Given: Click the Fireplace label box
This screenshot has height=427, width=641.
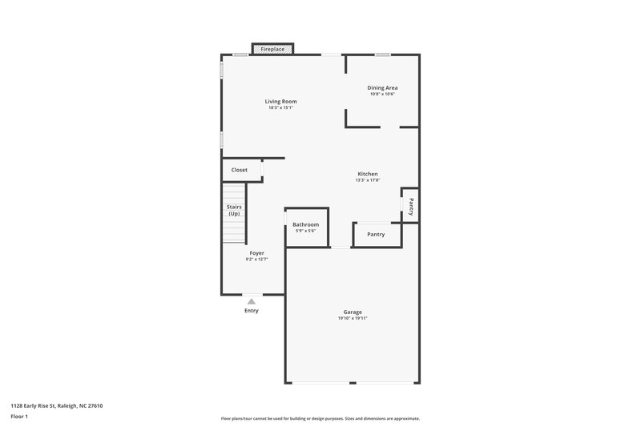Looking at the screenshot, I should click(272, 50).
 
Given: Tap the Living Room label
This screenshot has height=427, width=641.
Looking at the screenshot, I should click(281, 101).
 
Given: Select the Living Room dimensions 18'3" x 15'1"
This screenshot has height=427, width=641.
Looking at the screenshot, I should click(281, 108).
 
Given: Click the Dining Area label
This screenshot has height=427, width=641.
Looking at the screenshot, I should click(382, 87).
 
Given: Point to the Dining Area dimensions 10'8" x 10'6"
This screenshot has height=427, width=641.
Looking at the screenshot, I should click(382, 95).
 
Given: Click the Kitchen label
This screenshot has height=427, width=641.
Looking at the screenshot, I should click(368, 174).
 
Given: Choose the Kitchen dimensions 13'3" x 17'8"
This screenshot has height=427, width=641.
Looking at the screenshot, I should click(368, 180).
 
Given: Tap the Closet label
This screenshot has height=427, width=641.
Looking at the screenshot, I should click(240, 170).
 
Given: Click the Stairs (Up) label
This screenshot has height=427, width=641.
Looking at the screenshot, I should click(234, 211).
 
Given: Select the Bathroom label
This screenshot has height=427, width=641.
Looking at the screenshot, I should click(305, 224).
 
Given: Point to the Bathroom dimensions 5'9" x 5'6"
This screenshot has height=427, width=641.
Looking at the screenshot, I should click(305, 232).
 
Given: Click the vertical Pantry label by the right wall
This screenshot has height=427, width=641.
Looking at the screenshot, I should click(411, 207).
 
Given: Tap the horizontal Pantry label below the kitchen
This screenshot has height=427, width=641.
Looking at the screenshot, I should click(376, 235).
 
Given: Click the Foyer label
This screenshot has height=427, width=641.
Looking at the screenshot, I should click(256, 252).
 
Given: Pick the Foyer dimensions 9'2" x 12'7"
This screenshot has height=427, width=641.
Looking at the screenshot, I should click(256, 260).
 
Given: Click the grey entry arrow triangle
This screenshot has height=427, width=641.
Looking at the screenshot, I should click(252, 301).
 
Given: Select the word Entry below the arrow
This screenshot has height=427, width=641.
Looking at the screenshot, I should click(252, 311).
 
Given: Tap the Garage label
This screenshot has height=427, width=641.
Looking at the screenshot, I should click(353, 312).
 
